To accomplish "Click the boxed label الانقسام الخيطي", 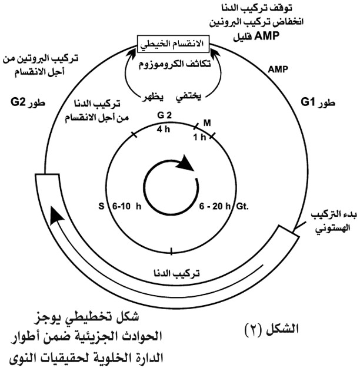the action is tap(173, 44).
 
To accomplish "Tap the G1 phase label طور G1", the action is tap(318, 102).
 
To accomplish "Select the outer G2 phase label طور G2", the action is tap(28, 102).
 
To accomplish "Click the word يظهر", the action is tap(153, 97).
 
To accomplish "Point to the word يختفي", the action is tap(188, 97).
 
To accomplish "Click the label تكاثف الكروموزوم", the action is tap(175, 64).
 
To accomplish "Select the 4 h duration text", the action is tap(164, 129).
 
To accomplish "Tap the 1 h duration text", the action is tap(199, 137).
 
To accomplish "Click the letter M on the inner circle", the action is tap(207, 123).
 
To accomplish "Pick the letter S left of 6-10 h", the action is tap(102, 206).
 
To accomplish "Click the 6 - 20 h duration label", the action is tap(215, 206).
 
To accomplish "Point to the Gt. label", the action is tap(242, 206).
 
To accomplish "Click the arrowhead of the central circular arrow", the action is tap(185, 163).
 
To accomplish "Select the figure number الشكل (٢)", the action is tap(272, 329).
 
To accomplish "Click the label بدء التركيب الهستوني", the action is tap(334, 221).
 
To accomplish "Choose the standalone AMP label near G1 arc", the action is tap(278, 69).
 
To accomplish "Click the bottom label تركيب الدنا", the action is tap(176, 273).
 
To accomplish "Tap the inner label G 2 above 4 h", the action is tap(164, 115).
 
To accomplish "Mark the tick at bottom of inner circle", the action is tap(171, 251).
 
